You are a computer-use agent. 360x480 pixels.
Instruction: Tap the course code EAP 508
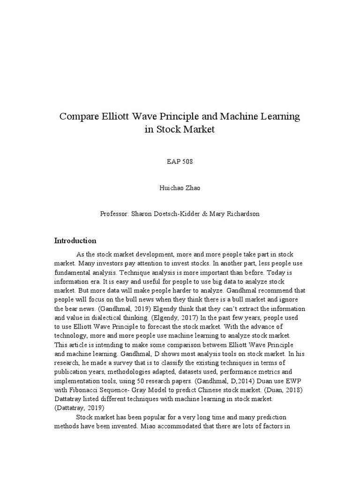(180, 162)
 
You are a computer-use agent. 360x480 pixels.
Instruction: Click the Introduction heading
(75, 240)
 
